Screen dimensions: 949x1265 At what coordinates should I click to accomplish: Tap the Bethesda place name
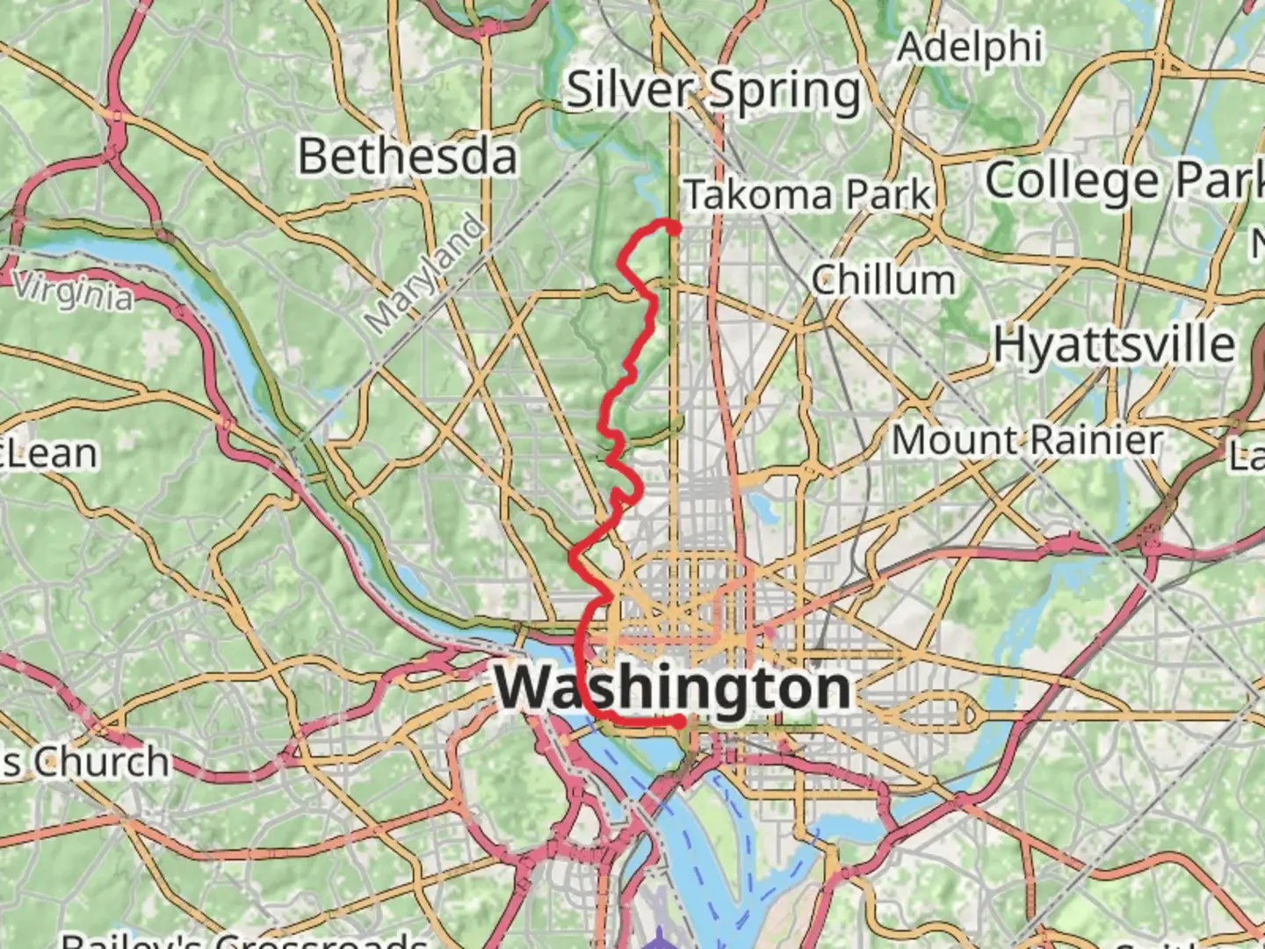pos(408,157)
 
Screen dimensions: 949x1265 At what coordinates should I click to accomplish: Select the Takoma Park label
pos(807,195)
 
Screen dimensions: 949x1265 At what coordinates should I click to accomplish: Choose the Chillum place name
pos(883,281)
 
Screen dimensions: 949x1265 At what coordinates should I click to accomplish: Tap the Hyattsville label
pos(1114,344)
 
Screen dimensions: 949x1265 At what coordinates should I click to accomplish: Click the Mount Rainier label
pos(1027,440)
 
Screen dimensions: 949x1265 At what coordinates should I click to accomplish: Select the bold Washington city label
pos(674,688)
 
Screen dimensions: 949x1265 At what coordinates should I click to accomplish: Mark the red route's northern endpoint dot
pos(674,228)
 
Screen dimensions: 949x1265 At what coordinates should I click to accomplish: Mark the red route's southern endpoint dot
pos(679,721)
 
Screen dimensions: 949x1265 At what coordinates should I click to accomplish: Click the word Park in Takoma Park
pos(890,195)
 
